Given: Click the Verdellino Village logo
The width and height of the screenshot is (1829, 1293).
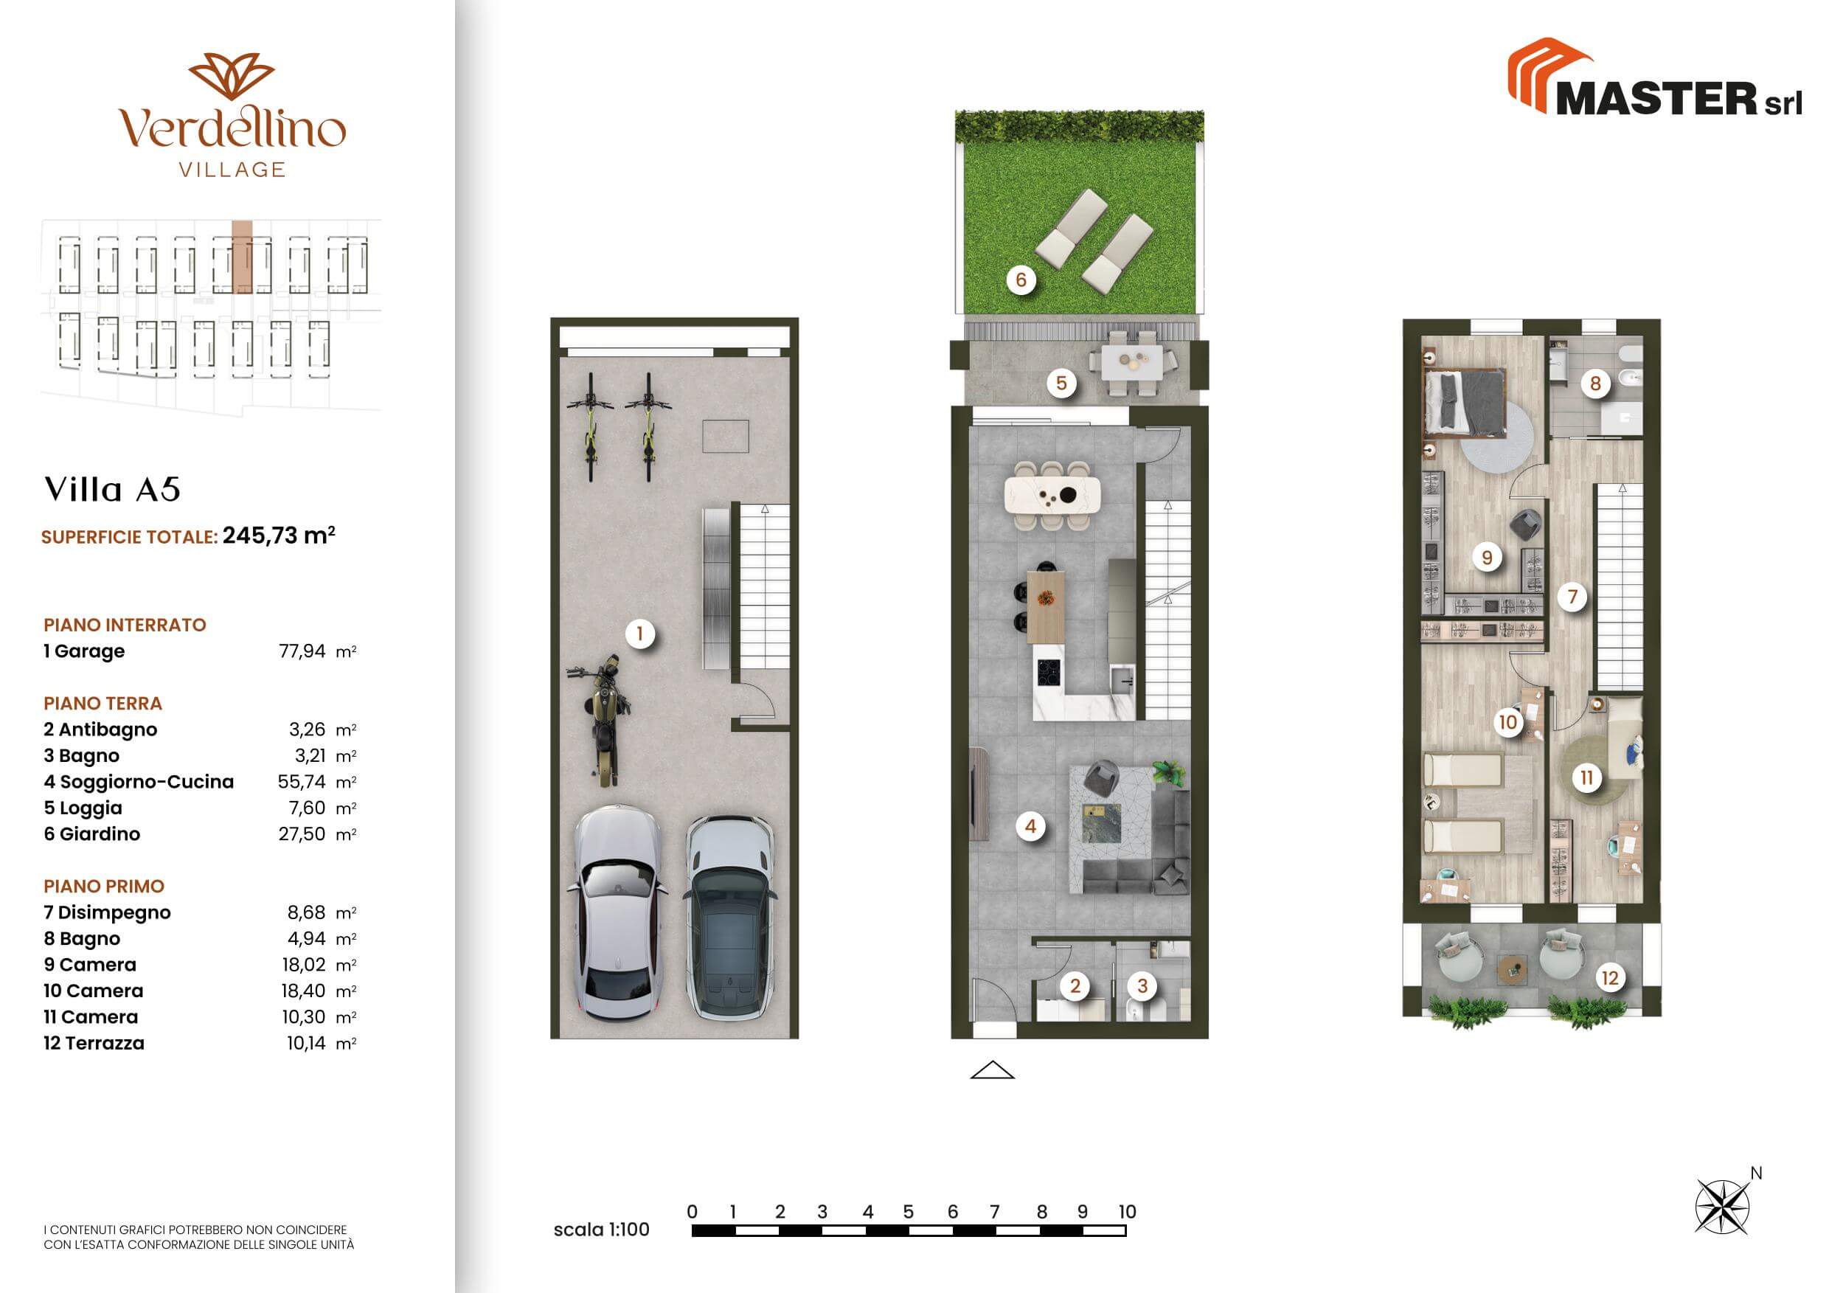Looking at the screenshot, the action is pyautogui.click(x=232, y=116).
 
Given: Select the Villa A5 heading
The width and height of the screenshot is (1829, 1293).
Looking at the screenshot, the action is pyautogui.click(x=112, y=490).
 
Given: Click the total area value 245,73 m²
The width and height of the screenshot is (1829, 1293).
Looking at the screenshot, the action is pyautogui.click(x=279, y=535).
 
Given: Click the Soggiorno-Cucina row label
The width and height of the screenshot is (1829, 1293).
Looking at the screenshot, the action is pyautogui.click(x=139, y=782).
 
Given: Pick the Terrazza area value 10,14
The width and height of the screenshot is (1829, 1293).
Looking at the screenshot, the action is pyautogui.click(x=306, y=1043).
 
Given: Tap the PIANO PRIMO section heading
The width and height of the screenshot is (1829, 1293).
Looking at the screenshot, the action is pyautogui.click(x=103, y=886).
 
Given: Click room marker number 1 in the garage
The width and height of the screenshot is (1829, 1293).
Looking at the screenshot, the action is pyautogui.click(x=639, y=634).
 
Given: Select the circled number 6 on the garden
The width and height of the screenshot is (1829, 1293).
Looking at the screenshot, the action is pyautogui.click(x=1021, y=280).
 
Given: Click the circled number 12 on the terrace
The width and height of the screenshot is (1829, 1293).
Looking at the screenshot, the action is pyautogui.click(x=1610, y=977).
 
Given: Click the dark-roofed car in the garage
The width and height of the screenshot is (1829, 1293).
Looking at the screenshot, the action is pyautogui.click(x=729, y=918).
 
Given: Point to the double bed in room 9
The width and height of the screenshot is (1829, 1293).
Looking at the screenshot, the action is pyautogui.click(x=1464, y=403).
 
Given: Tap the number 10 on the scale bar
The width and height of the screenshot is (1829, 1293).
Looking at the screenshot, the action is pyautogui.click(x=1126, y=1212).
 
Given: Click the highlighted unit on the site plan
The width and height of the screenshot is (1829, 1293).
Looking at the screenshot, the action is pyautogui.click(x=242, y=257).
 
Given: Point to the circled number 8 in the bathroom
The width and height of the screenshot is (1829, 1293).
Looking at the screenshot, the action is pyautogui.click(x=1594, y=384).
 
